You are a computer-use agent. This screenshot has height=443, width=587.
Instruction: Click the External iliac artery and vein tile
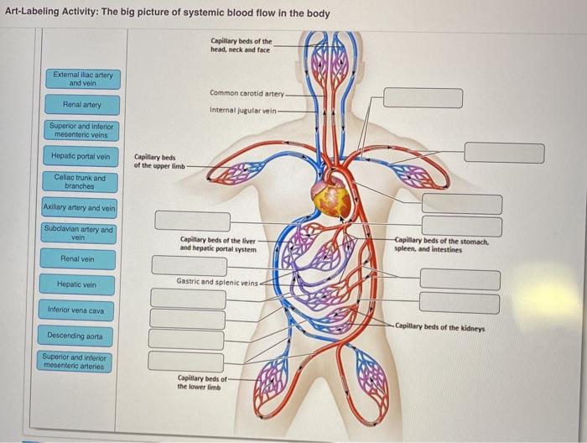pyautogui.click(x=82, y=79)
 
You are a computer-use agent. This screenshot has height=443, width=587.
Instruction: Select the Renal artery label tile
pyautogui.click(x=82, y=105)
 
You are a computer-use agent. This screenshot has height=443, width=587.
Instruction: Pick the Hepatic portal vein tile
pyautogui.click(x=81, y=156)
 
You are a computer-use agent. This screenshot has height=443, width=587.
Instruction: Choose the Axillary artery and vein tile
pyautogui.click(x=80, y=208)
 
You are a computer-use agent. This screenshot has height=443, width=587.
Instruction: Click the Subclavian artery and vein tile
pyautogui.click(x=80, y=233)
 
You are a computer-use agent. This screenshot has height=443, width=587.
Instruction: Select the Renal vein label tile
pyautogui.click(x=77, y=259)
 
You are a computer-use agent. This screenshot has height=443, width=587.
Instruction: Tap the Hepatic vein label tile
pyautogui.click(x=77, y=285)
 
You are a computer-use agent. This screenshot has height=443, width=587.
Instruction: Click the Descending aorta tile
pyautogui.click(x=77, y=336)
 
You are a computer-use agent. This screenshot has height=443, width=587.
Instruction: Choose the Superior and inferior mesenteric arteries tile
pyautogui.click(x=78, y=362)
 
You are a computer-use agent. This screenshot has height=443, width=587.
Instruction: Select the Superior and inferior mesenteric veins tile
pyautogui.click(x=81, y=130)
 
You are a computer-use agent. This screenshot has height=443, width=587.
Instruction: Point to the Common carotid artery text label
pyautogui.click(x=247, y=93)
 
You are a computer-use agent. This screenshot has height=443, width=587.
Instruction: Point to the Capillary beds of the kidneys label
pyautogui.click(x=440, y=327)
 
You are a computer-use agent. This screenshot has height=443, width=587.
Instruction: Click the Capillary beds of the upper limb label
pyautogui.click(x=155, y=161)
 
